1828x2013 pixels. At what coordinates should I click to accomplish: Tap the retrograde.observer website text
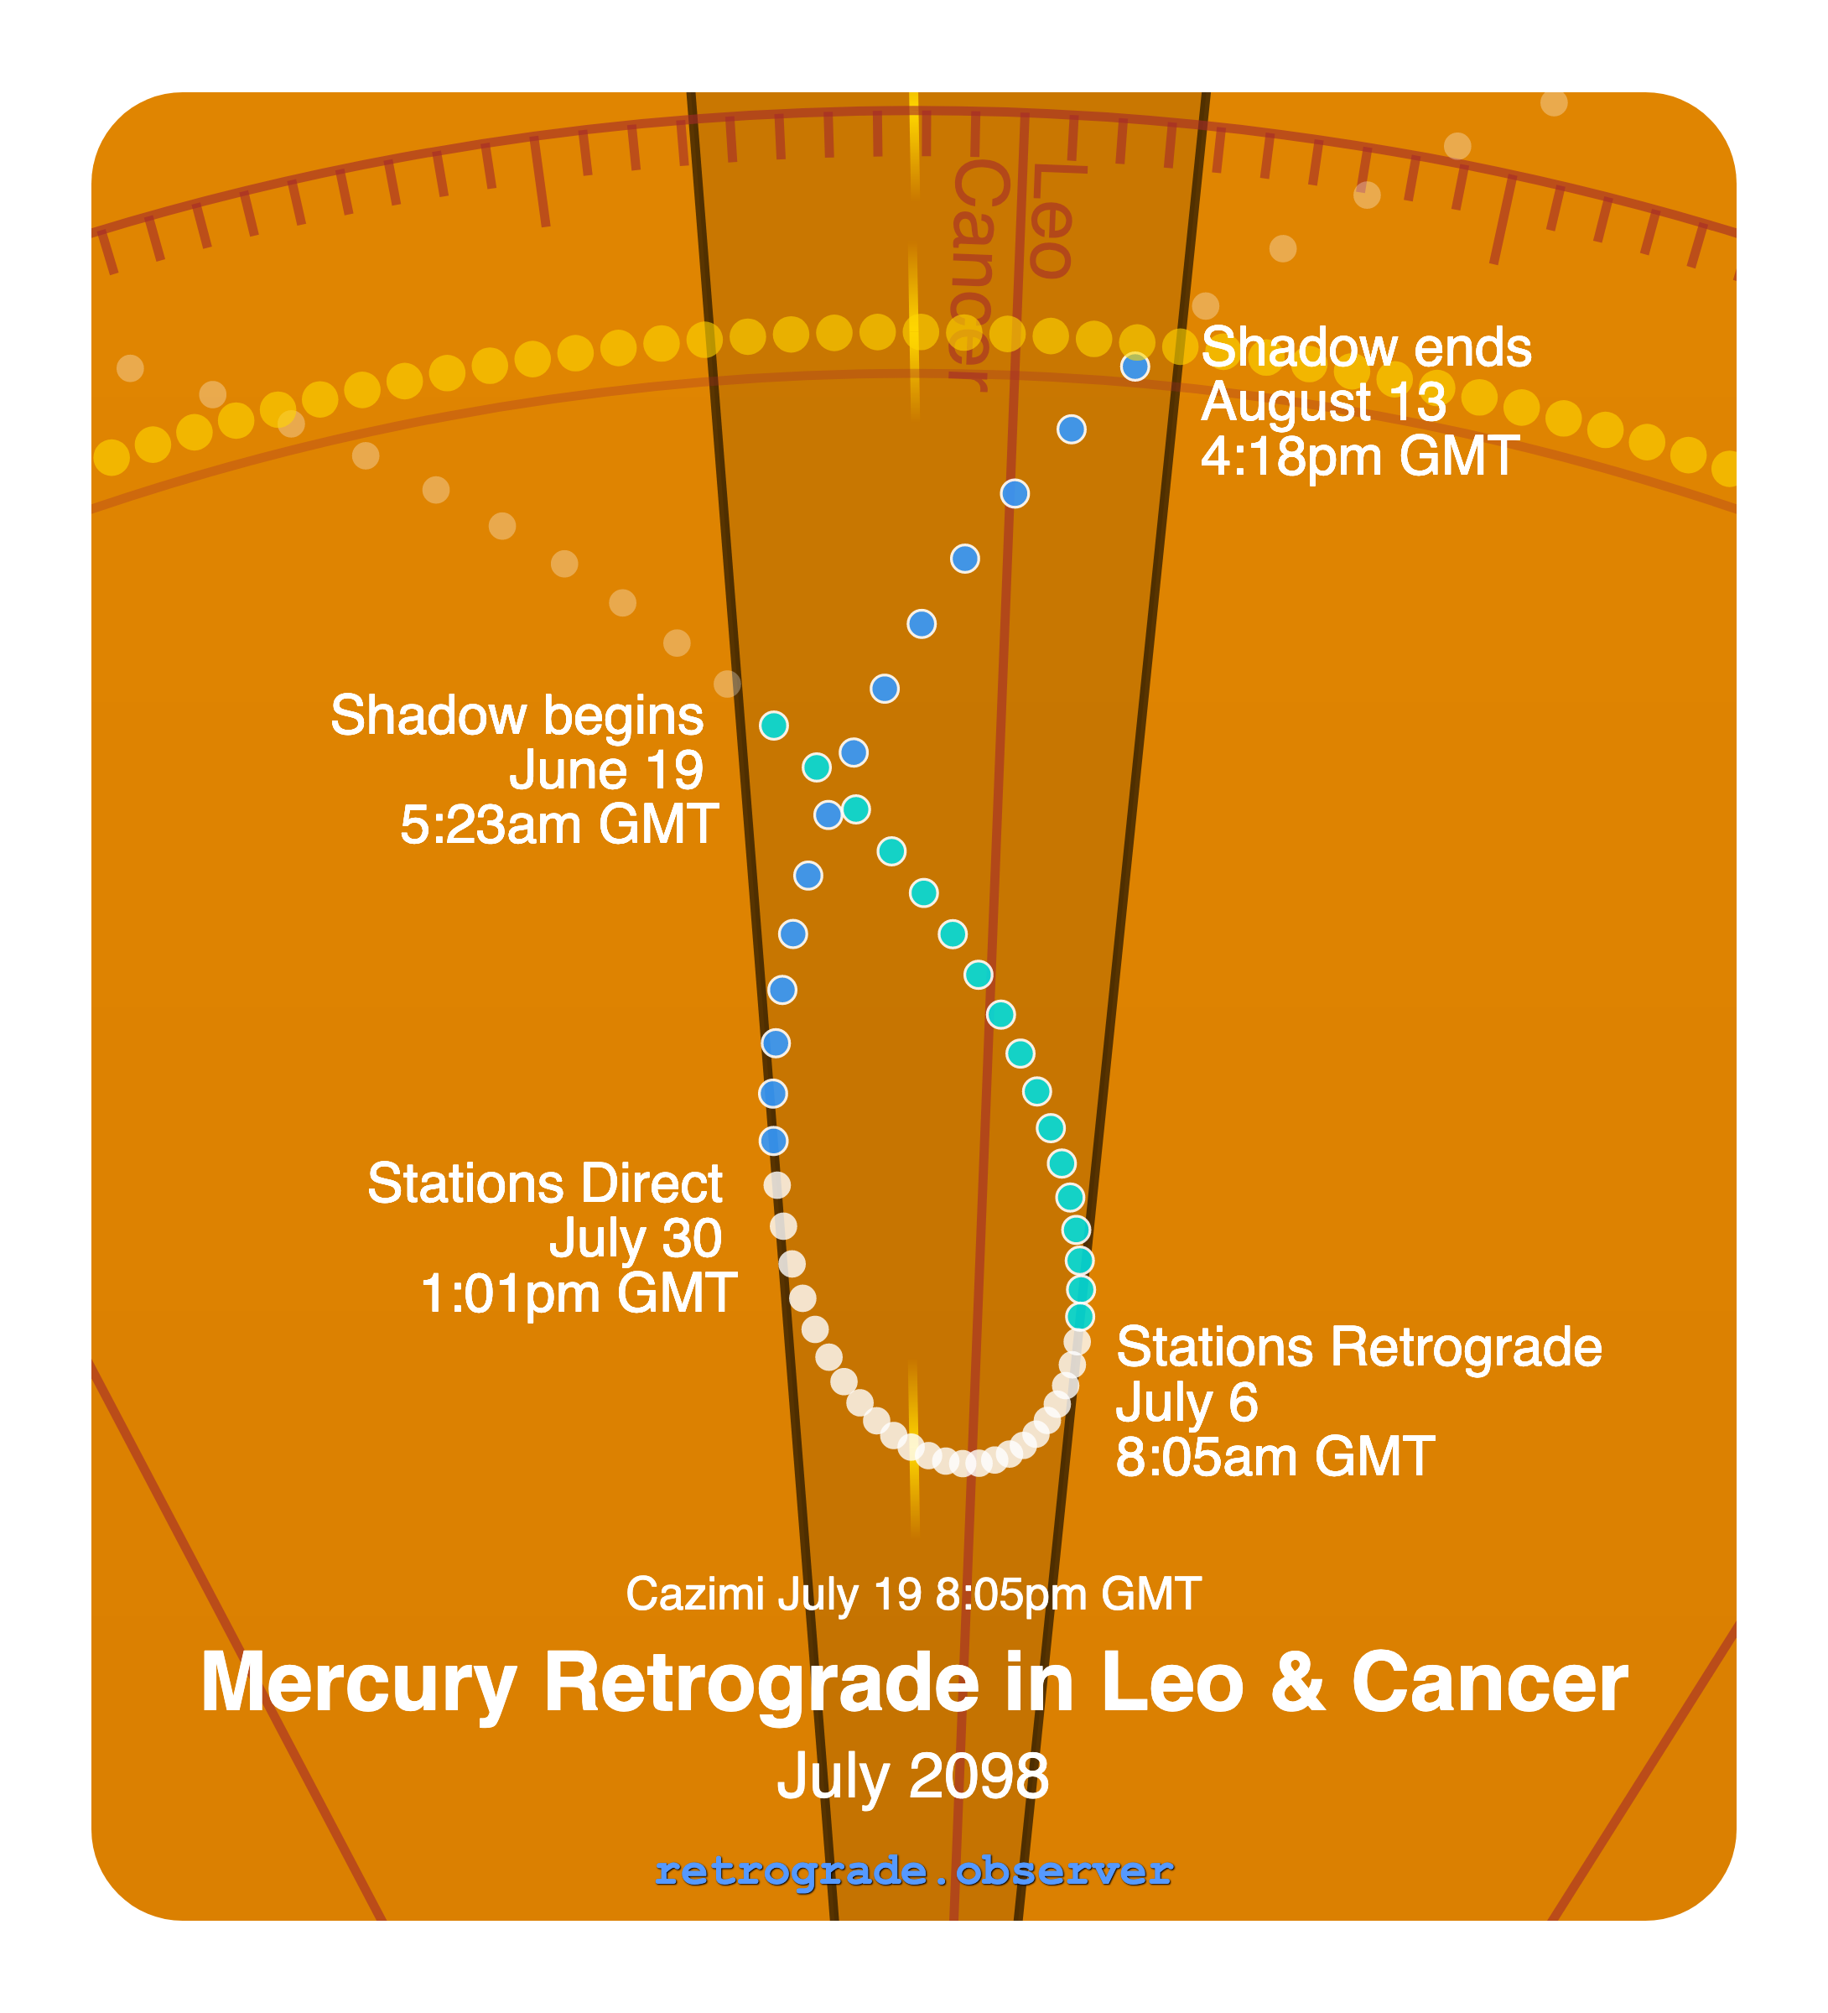coord(913,1870)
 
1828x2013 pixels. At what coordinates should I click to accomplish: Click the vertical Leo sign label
coord(1051,221)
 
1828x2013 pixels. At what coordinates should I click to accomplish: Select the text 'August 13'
coord(1323,403)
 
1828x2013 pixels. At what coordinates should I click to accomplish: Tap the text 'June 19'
coord(606,771)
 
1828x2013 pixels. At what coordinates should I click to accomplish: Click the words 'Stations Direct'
coord(545,1183)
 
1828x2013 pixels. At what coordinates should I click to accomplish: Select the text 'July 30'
coord(635,1238)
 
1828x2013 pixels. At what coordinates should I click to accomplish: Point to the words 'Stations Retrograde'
coord(1358,1347)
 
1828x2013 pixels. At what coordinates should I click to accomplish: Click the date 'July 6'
coord(1186,1402)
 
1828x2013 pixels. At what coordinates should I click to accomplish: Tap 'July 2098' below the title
coord(912,1776)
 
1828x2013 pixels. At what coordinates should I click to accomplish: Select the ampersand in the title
coord(1297,1683)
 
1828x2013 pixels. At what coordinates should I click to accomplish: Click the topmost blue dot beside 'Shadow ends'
coord(1135,367)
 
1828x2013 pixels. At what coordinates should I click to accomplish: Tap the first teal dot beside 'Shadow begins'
coord(774,725)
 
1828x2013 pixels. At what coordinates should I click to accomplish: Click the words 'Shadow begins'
coord(517,716)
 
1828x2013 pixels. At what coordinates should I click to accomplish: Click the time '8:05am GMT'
coord(1275,1457)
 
